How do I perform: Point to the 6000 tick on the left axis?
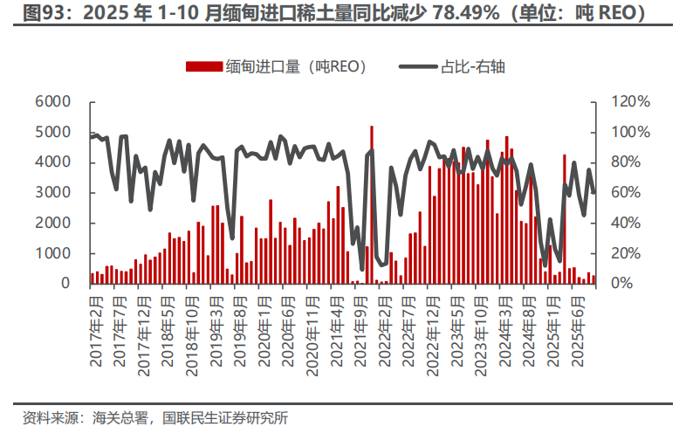click(53, 101)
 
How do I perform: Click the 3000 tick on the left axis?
click(53, 192)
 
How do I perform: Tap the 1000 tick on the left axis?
click(53, 253)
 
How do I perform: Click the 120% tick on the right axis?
click(630, 101)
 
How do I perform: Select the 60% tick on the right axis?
click(627, 192)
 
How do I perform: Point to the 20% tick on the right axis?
click(627, 253)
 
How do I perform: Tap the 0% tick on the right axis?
click(622, 284)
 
